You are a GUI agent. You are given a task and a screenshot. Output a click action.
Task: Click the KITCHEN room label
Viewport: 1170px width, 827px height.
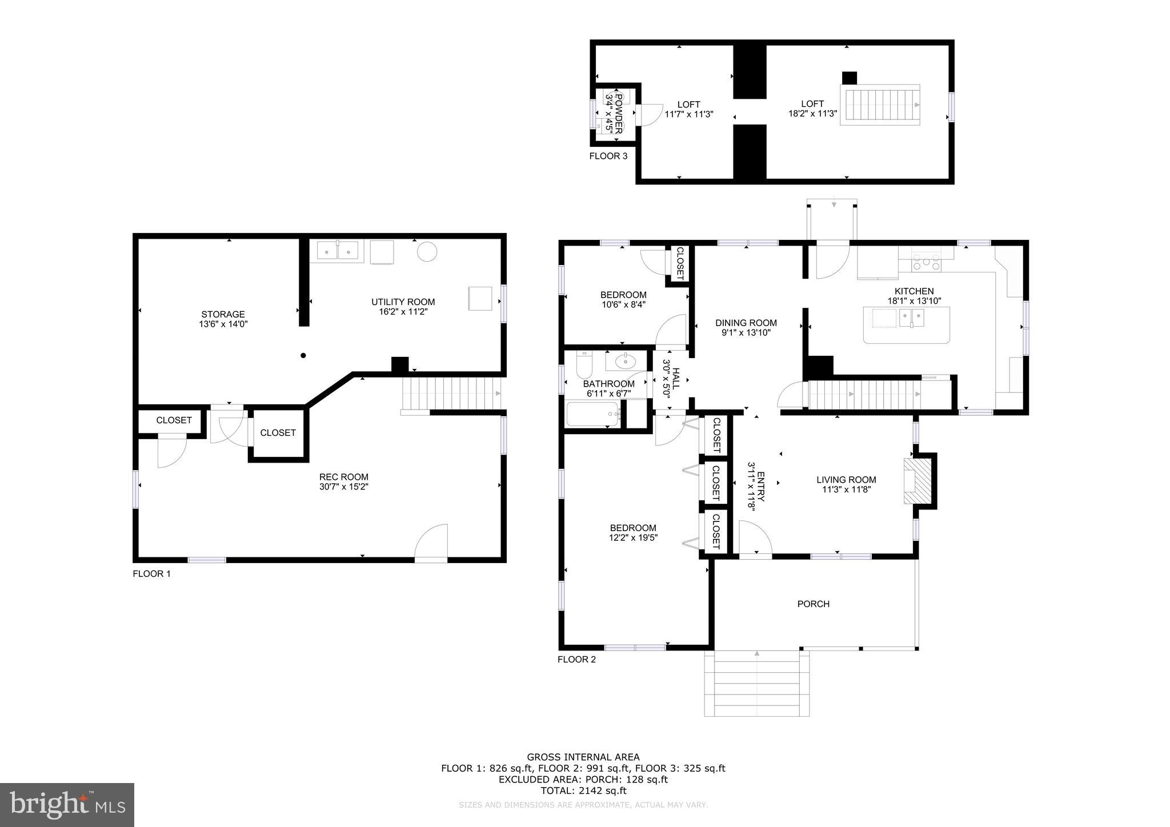pyautogui.click(x=914, y=291)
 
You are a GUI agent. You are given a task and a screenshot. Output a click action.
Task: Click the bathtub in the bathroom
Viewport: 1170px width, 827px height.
pyautogui.click(x=593, y=415)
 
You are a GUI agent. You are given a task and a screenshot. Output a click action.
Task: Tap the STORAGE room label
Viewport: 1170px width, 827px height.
pyautogui.click(x=223, y=314)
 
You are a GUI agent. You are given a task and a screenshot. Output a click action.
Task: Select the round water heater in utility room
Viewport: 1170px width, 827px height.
pyautogui.click(x=427, y=251)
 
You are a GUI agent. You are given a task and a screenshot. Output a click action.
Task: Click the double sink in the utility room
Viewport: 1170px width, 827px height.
pyautogui.click(x=338, y=251)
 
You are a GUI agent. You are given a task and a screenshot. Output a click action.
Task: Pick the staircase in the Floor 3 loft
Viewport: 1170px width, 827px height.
pyautogui.click(x=879, y=105)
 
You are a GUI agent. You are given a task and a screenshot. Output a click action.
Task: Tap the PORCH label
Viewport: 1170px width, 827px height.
pyautogui.click(x=813, y=604)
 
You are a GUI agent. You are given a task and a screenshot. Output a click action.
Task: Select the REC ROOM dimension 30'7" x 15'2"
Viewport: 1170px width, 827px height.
pyautogui.click(x=343, y=487)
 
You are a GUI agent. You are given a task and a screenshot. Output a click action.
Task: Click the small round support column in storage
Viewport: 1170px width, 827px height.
pyautogui.click(x=303, y=355)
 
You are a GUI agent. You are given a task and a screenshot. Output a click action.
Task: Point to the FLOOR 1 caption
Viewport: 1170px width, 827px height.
pyautogui.click(x=151, y=574)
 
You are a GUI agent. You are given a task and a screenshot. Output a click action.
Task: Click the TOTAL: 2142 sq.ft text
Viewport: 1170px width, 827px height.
pyautogui.click(x=583, y=790)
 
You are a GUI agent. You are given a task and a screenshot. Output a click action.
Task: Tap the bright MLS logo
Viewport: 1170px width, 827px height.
pyautogui.click(x=67, y=805)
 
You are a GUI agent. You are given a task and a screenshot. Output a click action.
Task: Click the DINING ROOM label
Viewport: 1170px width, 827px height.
pyautogui.click(x=746, y=323)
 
